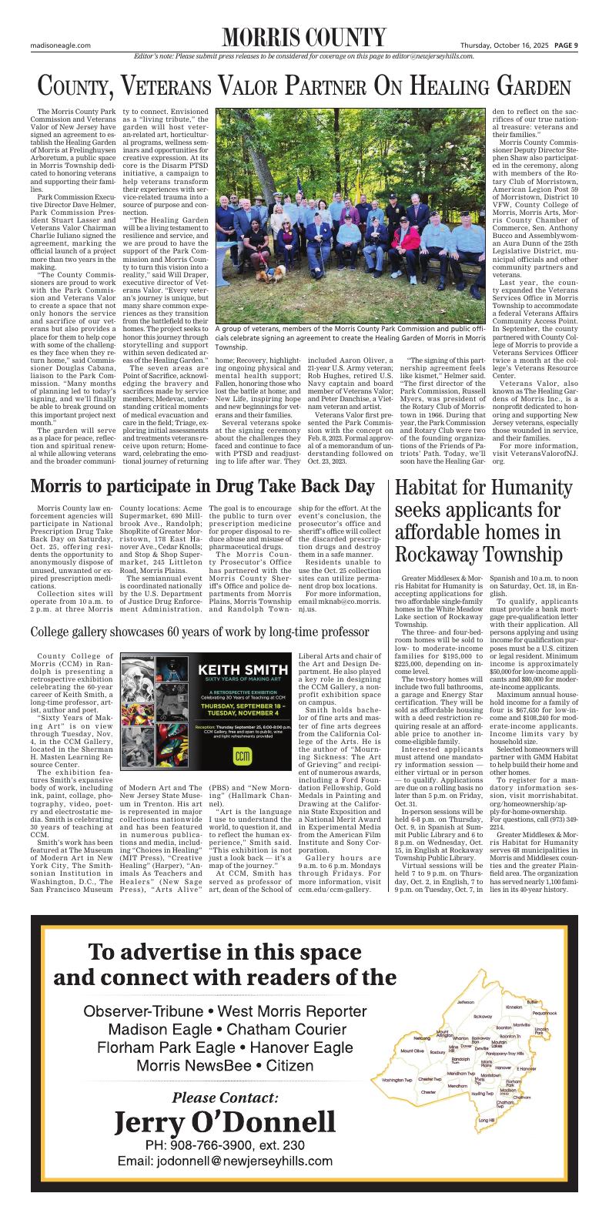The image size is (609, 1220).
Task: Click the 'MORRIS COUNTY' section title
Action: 303,38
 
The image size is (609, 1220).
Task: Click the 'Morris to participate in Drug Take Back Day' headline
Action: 202,487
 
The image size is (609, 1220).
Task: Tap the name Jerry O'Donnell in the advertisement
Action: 225,1121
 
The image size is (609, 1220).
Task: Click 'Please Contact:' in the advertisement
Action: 225,1096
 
